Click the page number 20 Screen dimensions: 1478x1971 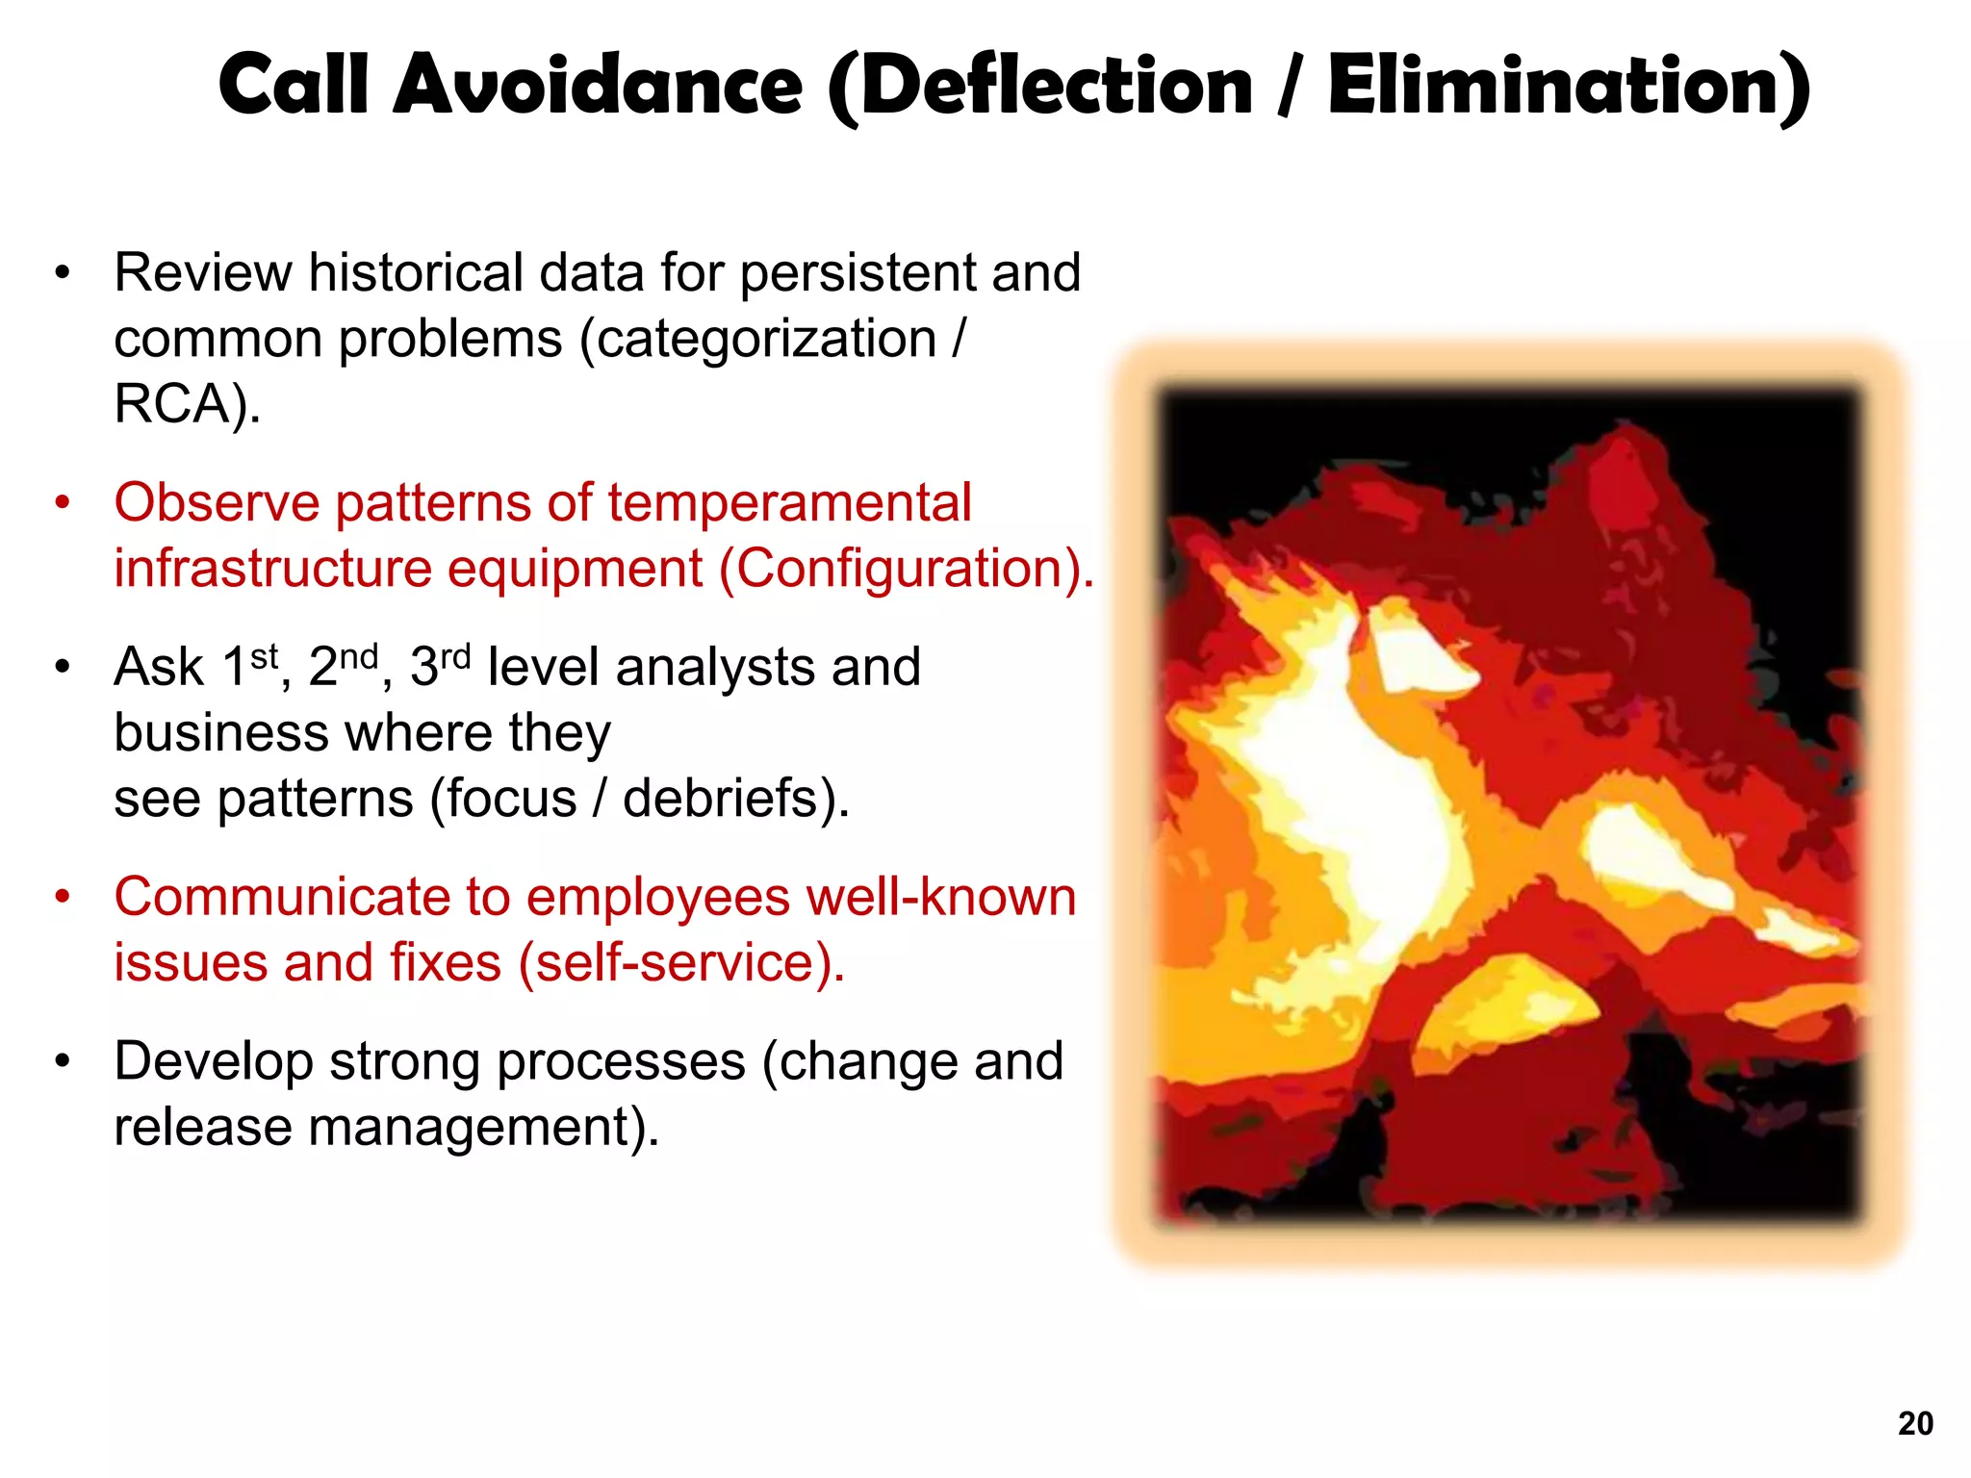coord(1915,1423)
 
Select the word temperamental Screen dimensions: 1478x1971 coord(789,503)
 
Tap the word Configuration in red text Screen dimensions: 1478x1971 coord(900,569)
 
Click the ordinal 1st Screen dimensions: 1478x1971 coord(249,666)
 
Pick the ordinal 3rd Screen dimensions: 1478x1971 coord(440,666)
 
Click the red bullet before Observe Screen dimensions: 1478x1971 coord(63,504)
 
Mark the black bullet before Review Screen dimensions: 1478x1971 coord(63,273)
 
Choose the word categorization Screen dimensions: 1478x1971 coord(766,339)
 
